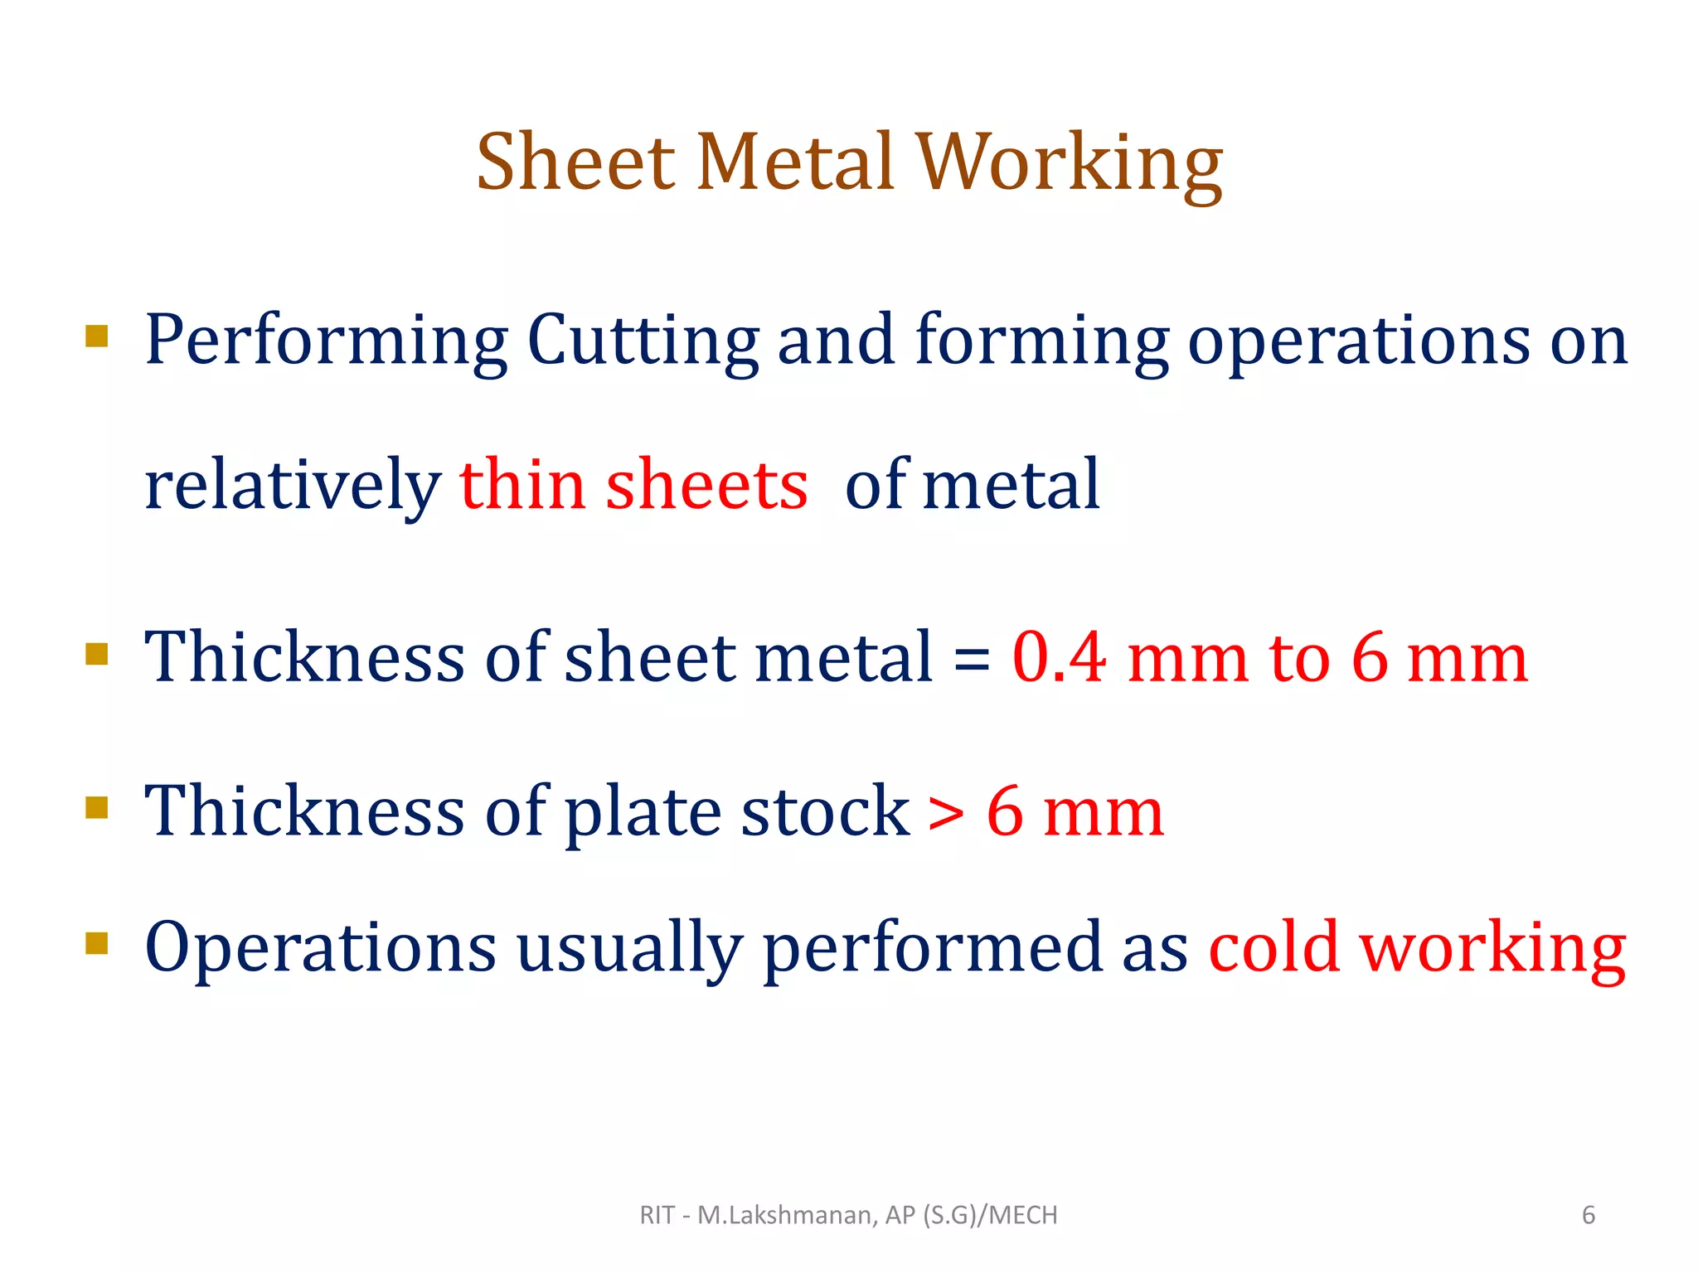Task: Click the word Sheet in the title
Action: point(575,162)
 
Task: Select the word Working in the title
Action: point(1070,164)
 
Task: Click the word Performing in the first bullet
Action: point(326,341)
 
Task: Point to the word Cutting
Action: point(643,341)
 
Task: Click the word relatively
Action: point(292,486)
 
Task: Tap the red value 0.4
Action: point(1059,657)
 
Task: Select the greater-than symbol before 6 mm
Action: point(946,812)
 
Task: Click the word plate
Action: point(643,812)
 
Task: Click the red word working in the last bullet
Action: point(1492,950)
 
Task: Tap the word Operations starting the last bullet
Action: point(320,948)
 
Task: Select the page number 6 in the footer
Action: point(1588,1215)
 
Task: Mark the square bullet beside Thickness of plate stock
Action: point(97,807)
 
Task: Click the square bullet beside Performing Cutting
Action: point(97,336)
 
